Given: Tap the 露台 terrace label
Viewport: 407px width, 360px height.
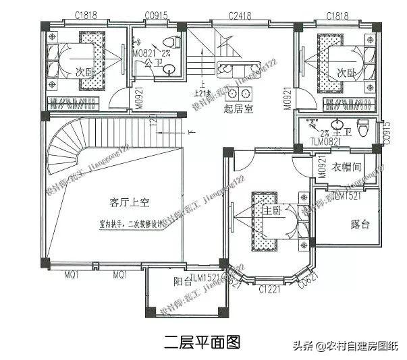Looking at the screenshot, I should click(360, 224).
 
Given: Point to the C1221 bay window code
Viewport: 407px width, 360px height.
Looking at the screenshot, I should click(269, 290).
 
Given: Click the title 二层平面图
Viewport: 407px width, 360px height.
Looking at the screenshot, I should click(202, 343).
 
